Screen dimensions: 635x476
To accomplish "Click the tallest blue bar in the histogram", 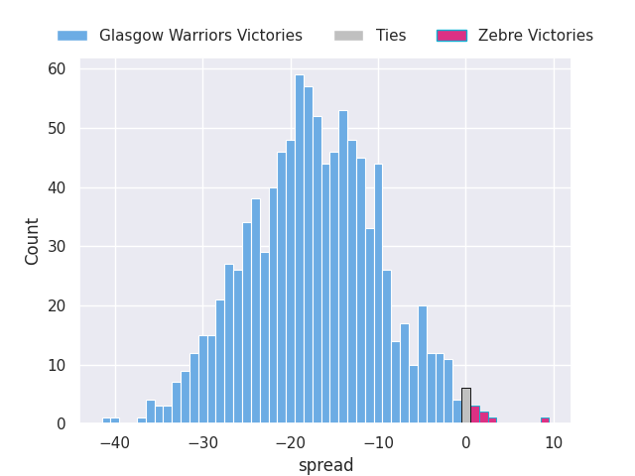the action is [x=300, y=249].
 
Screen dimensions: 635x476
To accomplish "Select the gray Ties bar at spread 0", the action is [x=466, y=406].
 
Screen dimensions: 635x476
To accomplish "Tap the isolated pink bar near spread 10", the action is [x=545, y=420].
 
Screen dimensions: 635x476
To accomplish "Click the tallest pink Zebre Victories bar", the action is [x=475, y=415].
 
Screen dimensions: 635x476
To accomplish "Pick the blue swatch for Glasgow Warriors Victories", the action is [x=72, y=36].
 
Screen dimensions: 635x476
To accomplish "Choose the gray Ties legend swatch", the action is [x=348, y=36].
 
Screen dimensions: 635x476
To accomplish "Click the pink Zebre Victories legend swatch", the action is [x=452, y=36].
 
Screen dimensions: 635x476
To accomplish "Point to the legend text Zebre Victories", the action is [x=536, y=36].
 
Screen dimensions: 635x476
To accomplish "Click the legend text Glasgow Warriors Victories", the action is [x=200, y=36].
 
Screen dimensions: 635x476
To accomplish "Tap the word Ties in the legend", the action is [x=391, y=36].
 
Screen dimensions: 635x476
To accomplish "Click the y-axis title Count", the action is [x=31, y=242].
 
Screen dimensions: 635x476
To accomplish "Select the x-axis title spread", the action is [x=326, y=465].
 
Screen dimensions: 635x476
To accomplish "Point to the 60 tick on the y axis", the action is [x=57, y=68].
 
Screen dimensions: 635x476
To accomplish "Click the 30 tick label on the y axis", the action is [x=57, y=247].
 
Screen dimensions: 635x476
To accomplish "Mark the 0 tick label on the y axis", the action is [x=62, y=423].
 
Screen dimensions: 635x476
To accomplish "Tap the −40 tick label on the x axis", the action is [x=115, y=443].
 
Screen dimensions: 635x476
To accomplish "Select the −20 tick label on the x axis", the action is [x=290, y=443].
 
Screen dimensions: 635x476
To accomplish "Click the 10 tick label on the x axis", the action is [x=554, y=443].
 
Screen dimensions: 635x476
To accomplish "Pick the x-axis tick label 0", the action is [x=465, y=443].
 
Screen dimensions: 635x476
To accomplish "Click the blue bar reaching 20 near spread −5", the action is [x=423, y=364].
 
